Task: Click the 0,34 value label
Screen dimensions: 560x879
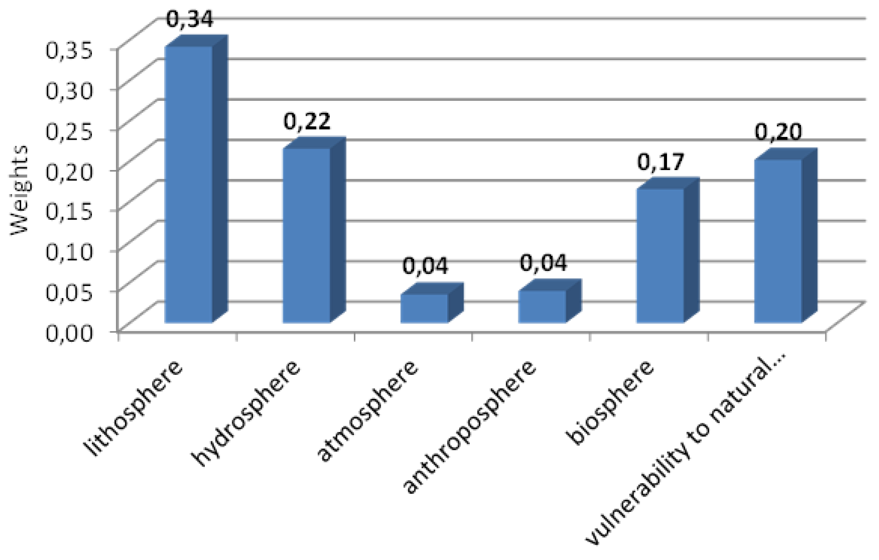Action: (x=190, y=19)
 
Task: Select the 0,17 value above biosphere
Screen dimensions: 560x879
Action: (x=660, y=162)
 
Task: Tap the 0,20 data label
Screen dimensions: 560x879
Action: (x=778, y=132)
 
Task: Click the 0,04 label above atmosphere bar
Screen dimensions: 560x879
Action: (x=425, y=266)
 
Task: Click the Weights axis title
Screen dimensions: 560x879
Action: (x=19, y=190)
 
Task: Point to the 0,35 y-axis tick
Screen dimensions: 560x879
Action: (x=69, y=50)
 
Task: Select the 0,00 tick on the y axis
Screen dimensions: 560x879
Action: (x=69, y=332)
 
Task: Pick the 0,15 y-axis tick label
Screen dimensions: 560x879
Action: (x=69, y=212)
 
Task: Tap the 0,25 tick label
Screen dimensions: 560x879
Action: (x=69, y=131)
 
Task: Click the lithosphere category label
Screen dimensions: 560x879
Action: (x=134, y=408)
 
